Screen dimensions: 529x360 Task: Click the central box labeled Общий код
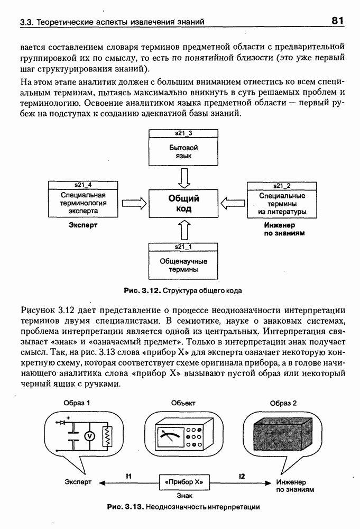(x=183, y=203)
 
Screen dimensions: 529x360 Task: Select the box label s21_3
(x=183, y=133)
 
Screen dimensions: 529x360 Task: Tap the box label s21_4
(x=83, y=185)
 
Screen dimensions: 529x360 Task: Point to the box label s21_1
(x=183, y=247)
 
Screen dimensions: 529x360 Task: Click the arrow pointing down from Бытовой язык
(x=183, y=178)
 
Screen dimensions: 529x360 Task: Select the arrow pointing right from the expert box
(x=133, y=203)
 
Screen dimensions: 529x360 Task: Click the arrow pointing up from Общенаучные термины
(x=183, y=230)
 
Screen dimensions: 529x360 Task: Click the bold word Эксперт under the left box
(x=83, y=225)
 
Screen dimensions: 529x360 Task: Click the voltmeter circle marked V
(x=89, y=436)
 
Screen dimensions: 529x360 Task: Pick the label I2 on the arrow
(x=242, y=476)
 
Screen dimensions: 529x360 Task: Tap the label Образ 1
(x=77, y=403)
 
